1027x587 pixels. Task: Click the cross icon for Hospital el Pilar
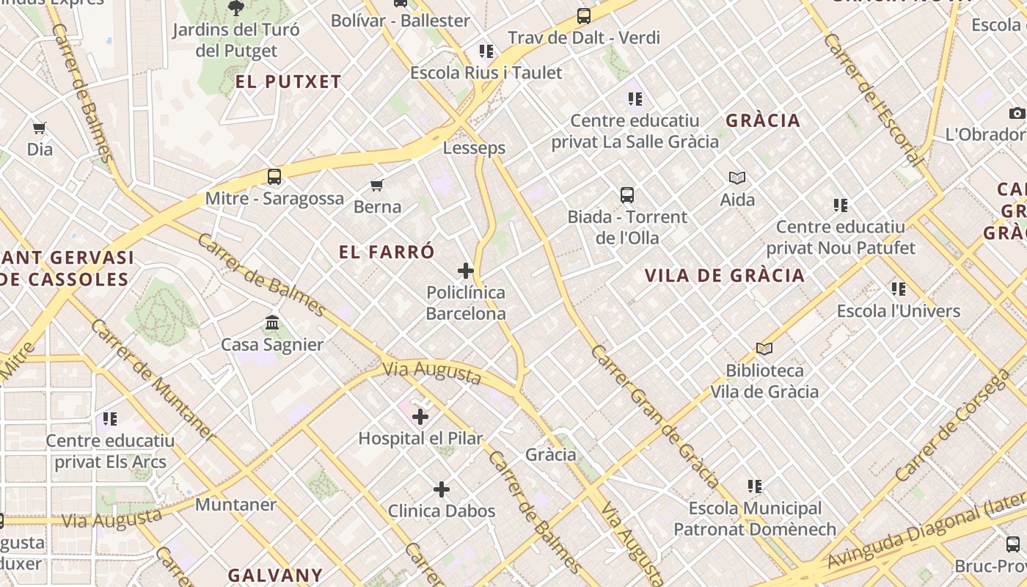(x=420, y=418)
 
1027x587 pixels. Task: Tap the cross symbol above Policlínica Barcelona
(x=466, y=271)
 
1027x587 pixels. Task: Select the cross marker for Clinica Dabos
(x=442, y=489)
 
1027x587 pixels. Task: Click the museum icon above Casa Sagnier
(x=272, y=323)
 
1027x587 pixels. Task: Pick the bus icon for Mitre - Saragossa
(x=274, y=177)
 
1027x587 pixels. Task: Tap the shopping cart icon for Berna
(x=377, y=185)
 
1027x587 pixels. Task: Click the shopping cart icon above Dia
(x=40, y=128)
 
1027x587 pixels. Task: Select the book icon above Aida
(x=737, y=178)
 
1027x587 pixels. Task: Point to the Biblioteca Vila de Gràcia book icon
(x=764, y=349)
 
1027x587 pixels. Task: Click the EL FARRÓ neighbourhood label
(x=387, y=252)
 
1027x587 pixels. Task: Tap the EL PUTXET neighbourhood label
(x=288, y=81)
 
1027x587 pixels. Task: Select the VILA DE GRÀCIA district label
(x=724, y=276)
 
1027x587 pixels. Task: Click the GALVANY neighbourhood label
(x=274, y=575)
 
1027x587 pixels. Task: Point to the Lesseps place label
(x=474, y=147)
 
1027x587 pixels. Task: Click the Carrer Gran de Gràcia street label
(x=654, y=416)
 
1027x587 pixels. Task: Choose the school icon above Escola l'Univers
(x=899, y=289)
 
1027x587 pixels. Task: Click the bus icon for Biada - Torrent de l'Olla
(x=627, y=195)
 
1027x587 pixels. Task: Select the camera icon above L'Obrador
(x=1017, y=113)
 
